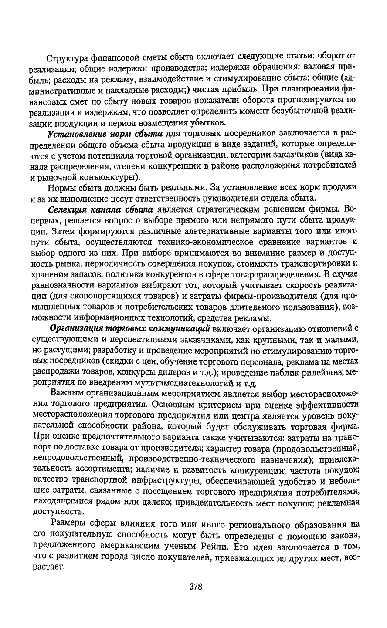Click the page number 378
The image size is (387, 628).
coord(196,587)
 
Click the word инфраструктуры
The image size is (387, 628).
coord(143,480)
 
